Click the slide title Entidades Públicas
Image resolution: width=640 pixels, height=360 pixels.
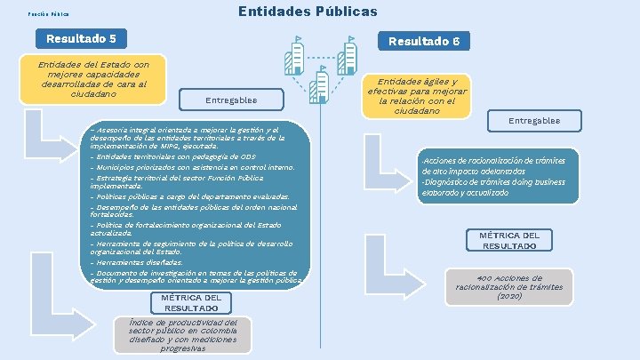[308, 12]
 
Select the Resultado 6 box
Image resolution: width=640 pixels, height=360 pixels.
[424, 41]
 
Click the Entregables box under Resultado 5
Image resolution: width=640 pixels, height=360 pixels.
[230, 100]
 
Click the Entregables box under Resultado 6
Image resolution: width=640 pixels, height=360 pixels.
[533, 120]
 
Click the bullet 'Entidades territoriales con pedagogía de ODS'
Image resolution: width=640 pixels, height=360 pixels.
[173, 156]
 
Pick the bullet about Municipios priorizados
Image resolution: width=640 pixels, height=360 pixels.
[191, 166]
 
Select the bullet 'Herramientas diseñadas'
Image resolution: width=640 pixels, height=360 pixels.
[137, 262]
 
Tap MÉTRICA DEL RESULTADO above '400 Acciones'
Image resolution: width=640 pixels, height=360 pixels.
[508, 240]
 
